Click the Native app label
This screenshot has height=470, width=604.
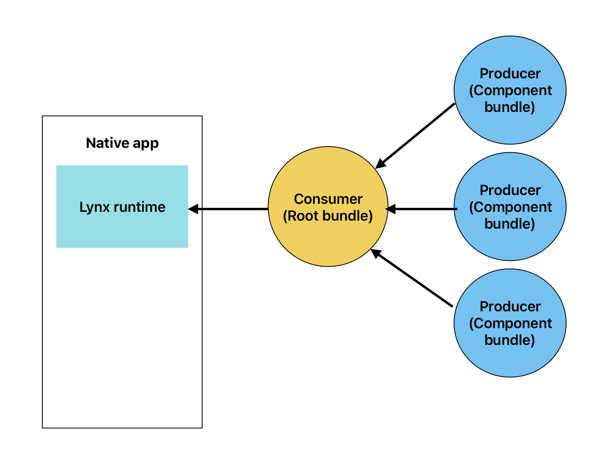coord(122,143)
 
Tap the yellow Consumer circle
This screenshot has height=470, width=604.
coord(328,240)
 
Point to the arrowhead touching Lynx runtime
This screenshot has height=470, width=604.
coord(193,209)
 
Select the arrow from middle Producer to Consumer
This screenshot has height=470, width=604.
coord(423,209)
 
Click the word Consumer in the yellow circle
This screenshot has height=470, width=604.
coord(328,199)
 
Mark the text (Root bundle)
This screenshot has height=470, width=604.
coord(328,216)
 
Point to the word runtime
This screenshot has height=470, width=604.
coord(139,207)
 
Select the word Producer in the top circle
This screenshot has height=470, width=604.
coord(510,74)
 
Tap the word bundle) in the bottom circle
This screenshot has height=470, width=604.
coord(510,340)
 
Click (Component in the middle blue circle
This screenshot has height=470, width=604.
coord(510,207)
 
